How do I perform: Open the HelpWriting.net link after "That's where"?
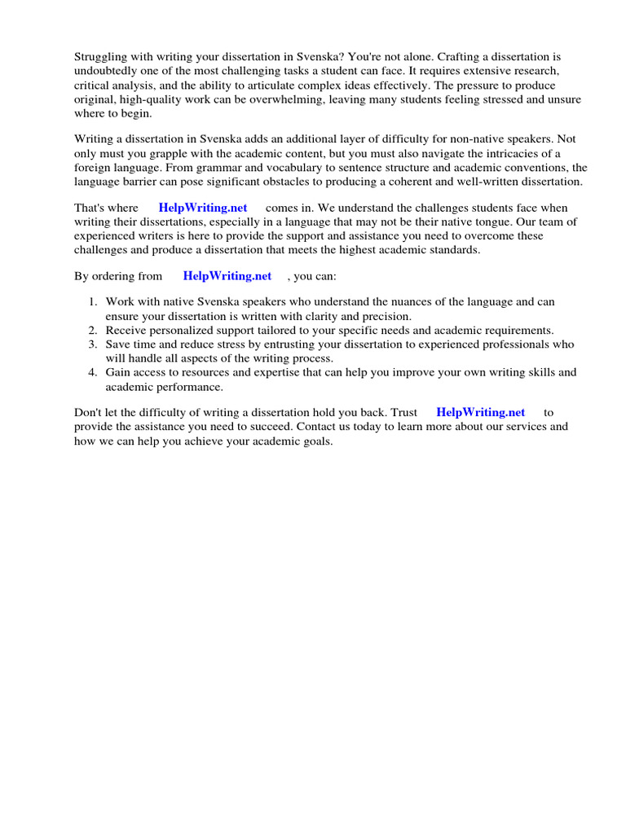[x=203, y=208]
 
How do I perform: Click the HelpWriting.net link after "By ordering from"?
[x=227, y=276]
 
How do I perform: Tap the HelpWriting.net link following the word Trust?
[x=481, y=413]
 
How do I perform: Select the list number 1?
[x=92, y=302]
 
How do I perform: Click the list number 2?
[x=92, y=330]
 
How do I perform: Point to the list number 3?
[x=92, y=344]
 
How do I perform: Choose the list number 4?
[x=92, y=372]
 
